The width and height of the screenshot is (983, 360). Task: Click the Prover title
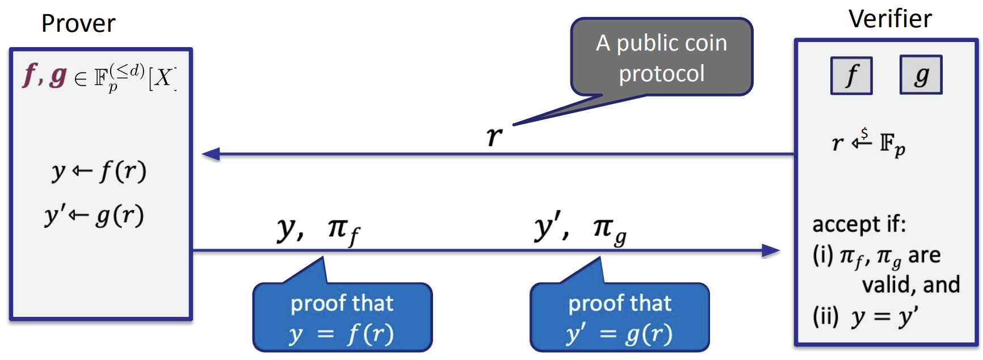78,24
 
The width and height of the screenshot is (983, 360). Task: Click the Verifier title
890,19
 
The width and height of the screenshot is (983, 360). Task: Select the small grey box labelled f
851,76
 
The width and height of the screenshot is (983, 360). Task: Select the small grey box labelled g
921,75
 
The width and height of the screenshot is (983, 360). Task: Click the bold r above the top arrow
494,136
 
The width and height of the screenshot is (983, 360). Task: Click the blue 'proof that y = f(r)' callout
342,318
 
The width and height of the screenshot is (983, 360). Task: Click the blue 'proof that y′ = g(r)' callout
620,318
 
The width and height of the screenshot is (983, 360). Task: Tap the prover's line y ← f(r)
99,171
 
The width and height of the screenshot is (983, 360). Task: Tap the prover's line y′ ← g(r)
95,216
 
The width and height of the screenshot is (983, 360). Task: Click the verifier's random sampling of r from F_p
868,143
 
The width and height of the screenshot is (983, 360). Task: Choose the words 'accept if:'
859,224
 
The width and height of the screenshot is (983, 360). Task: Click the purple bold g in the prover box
58,76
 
